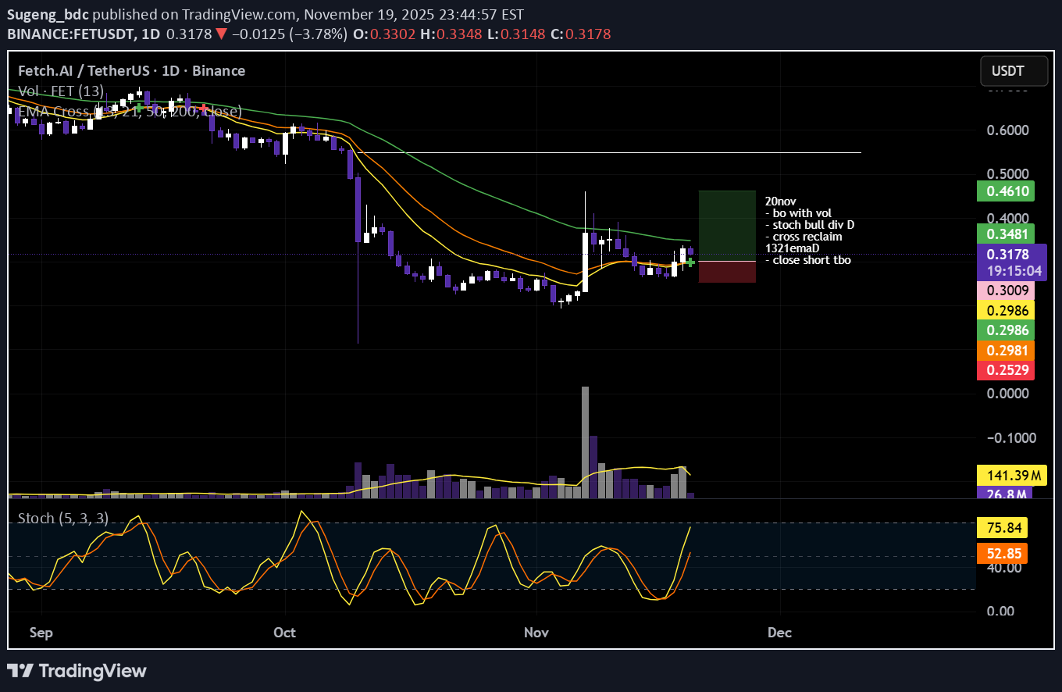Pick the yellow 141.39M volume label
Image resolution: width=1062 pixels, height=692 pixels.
pos(1004,475)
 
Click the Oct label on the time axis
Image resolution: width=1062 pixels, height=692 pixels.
pos(285,632)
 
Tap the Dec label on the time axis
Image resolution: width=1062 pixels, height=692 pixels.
pos(779,632)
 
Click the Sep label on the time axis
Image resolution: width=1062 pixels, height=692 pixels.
pos(41,632)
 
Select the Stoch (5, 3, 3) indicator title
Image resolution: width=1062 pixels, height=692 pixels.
pos(63,518)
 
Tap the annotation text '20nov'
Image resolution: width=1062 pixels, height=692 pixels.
pos(781,201)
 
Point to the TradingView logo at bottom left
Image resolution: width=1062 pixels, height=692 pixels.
pos(77,670)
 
